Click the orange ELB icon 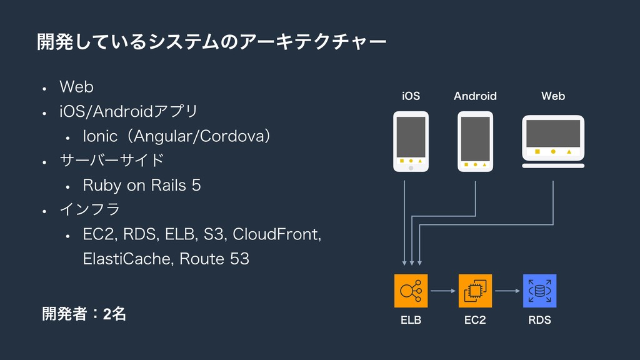411,291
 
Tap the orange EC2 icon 475,291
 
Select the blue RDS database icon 539,291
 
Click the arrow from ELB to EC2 443,291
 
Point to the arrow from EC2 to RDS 507,291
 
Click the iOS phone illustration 411,141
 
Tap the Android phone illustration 475,141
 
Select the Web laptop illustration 553,141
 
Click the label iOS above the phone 411,96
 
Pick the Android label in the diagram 475,96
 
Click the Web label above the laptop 553,96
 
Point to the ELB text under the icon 411,321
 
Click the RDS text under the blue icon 539,321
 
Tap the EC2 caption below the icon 475,321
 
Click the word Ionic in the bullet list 99,136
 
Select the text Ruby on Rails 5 142,186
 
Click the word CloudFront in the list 276,234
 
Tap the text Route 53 212,259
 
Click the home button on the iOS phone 411,168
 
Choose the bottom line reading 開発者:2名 84,314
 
